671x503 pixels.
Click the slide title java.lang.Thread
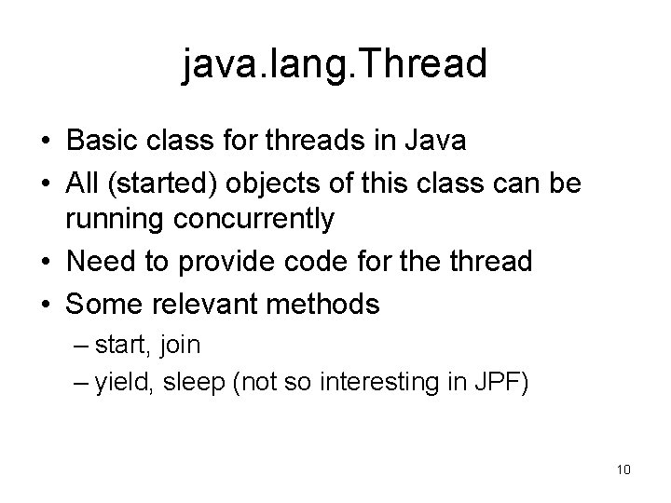(335, 65)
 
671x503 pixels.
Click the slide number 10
(623, 469)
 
